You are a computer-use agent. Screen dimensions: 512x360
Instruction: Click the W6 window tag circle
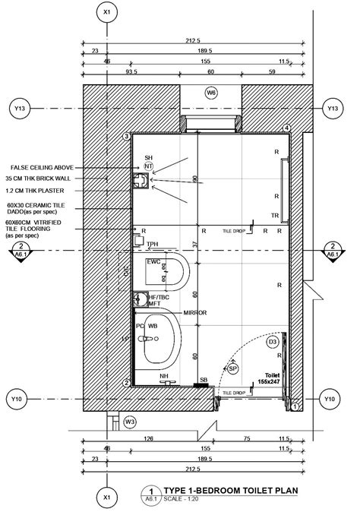click(x=211, y=92)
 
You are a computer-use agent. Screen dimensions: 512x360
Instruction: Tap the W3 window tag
click(x=130, y=421)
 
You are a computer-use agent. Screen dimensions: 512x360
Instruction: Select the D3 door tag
click(x=273, y=343)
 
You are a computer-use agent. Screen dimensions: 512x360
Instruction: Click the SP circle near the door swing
click(x=233, y=368)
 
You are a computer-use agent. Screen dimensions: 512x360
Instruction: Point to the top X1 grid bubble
click(x=107, y=13)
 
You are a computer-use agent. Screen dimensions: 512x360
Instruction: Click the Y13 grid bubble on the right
click(x=332, y=109)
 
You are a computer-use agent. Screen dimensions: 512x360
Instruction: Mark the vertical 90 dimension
click(x=194, y=179)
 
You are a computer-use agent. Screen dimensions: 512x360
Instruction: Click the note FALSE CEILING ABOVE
click(x=42, y=167)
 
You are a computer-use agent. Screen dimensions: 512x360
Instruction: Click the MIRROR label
click(x=195, y=313)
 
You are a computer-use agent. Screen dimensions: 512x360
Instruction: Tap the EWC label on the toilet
click(x=153, y=262)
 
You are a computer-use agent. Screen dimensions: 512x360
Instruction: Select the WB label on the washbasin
click(x=153, y=326)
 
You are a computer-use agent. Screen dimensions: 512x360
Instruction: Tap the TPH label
click(x=153, y=245)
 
